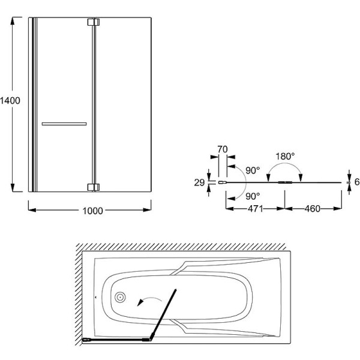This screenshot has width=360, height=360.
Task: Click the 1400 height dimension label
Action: [x=10, y=101]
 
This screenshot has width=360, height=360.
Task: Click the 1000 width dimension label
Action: [x=92, y=211]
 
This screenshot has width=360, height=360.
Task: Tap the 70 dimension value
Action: [x=223, y=149]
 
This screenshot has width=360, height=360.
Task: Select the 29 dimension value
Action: [x=199, y=182]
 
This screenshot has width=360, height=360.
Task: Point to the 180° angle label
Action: [x=285, y=157]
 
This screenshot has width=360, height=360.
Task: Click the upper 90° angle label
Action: [x=253, y=170]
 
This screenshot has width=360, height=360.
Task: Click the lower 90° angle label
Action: [x=253, y=196]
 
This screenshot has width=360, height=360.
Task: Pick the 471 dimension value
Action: [x=256, y=209]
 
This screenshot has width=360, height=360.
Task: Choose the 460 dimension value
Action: [x=313, y=209]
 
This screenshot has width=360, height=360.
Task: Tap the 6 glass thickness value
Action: [x=357, y=182]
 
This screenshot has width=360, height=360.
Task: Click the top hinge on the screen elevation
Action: [x=94, y=22]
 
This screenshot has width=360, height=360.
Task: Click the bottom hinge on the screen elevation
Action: [x=94, y=187]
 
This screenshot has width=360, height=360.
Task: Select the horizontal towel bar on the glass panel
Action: [x=64, y=124]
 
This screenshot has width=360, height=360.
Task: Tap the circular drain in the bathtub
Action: [x=120, y=298]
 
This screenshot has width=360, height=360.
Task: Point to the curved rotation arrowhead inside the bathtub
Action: [x=140, y=302]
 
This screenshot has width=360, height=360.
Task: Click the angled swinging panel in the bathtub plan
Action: [x=163, y=314]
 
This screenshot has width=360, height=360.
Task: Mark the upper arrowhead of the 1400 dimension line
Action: [x=13, y=21]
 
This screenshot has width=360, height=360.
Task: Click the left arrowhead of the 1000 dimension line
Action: [x=32, y=210]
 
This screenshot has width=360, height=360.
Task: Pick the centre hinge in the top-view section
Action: [x=285, y=182]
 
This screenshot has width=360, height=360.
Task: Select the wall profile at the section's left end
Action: [x=222, y=182]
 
